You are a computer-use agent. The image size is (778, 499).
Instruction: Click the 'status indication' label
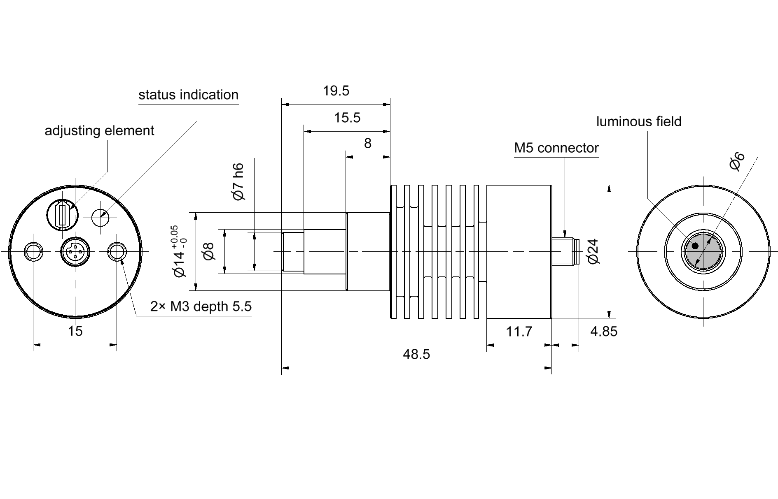tap(188, 95)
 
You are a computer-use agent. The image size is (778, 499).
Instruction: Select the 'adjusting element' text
tap(99, 130)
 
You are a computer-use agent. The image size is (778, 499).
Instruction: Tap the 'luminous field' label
tap(639, 121)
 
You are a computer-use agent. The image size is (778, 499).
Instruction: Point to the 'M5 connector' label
tap(556, 148)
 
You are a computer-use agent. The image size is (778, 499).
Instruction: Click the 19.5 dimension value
tap(336, 91)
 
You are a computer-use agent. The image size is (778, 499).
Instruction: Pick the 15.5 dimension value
tap(347, 118)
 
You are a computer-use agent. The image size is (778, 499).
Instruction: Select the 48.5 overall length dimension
tap(416, 354)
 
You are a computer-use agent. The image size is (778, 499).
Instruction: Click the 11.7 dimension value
tap(519, 331)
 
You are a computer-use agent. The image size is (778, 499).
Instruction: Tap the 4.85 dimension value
tap(604, 331)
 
